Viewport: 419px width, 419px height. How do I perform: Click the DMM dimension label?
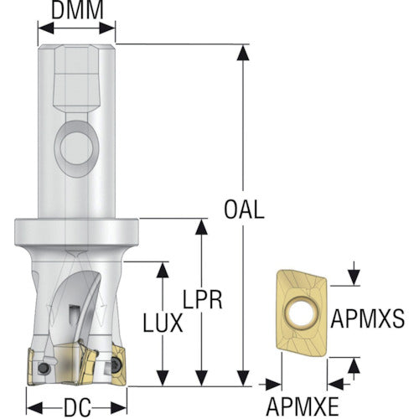(x=77, y=10)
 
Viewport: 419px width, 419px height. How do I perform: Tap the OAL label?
(x=244, y=209)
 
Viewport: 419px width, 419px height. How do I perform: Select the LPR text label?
(x=203, y=299)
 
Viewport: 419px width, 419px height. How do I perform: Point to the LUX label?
(x=163, y=323)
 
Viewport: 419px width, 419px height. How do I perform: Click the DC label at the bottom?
(x=77, y=407)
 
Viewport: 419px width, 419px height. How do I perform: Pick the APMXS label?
(x=368, y=318)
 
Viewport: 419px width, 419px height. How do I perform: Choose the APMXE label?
(x=303, y=406)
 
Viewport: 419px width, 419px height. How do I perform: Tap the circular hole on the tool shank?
(x=76, y=148)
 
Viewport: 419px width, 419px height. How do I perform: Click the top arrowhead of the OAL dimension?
(x=243, y=53)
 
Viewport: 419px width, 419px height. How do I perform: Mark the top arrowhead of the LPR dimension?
(x=201, y=227)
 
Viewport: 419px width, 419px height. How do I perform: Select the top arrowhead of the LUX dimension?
(x=163, y=270)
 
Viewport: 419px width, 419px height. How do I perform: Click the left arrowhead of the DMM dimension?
(x=46, y=28)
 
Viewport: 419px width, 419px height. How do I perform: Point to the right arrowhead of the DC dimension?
(x=119, y=408)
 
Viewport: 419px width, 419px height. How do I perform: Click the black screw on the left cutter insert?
(x=44, y=368)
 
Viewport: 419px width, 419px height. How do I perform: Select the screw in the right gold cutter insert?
(x=116, y=365)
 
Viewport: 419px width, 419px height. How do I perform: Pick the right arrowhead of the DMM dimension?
(x=107, y=28)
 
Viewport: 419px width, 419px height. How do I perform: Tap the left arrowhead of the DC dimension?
(x=34, y=408)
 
